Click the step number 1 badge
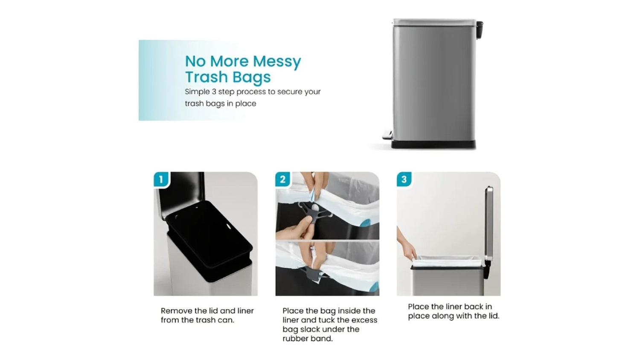(x=161, y=180)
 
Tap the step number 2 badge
(x=283, y=180)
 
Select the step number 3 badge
(x=404, y=180)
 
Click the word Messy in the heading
(x=277, y=62)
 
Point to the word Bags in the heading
(x=251, y=77)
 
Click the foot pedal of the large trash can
(x=387, y=135)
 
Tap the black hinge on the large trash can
(x=480, y=29)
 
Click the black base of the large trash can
(x=433, y=144)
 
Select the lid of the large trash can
(x=434, y=22)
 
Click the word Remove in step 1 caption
(x=176, y=311)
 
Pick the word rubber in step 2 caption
(x=294, y=339)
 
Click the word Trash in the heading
(x=207, y=77)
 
